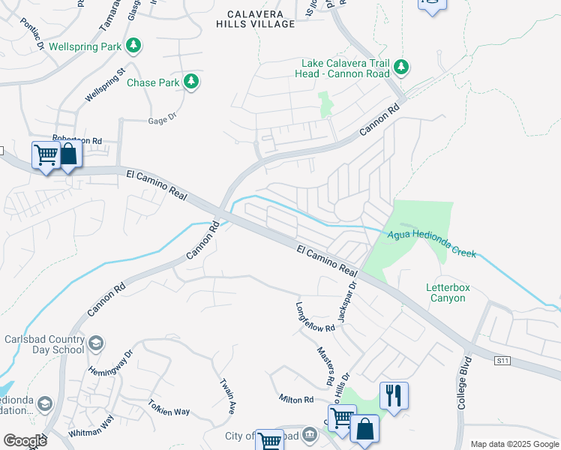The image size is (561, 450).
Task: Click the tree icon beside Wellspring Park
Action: [133, 46]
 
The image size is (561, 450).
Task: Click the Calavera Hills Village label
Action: [255, 19]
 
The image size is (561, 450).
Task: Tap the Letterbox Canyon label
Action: [445, 292]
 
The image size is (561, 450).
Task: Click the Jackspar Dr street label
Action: [347, 301]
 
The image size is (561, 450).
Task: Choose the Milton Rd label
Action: [295, 399]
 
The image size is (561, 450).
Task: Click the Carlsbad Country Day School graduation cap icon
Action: [96, 343]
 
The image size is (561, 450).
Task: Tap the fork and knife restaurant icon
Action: [393, 394]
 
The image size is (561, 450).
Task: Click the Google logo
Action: [25, 441]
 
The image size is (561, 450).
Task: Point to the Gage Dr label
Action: [161, 118]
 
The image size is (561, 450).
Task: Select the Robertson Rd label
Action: [76, 139]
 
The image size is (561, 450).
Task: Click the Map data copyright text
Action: [514, 444]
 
